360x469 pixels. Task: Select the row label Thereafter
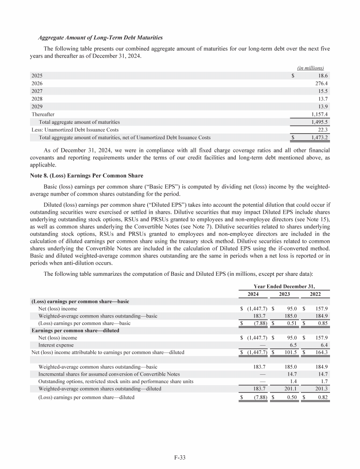tap(43, 114)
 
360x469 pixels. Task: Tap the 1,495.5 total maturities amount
tap(319, 121)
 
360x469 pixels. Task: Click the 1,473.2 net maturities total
tap(319, 138)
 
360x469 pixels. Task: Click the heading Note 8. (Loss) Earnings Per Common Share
tap(84, 175)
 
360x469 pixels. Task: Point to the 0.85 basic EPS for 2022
tap(322, 324)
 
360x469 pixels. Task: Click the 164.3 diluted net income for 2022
tap(320, 352)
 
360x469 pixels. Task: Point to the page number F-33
tap(180, 455)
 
